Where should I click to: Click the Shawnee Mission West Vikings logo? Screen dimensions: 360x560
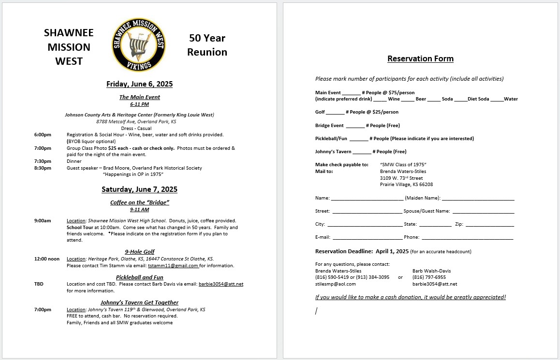tap(139, 44)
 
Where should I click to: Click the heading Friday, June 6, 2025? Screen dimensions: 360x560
tap(139, 84)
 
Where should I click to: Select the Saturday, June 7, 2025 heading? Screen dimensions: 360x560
tap(139, 189)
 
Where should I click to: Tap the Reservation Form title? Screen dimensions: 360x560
tap(420, 59)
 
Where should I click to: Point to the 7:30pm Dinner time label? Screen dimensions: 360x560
tap(43, 161)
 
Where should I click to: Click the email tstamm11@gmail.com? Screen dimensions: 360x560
tap(173, 266)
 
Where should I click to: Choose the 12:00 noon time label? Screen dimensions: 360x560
tap(47, 259)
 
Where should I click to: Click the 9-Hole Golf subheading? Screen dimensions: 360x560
tap(139, 252)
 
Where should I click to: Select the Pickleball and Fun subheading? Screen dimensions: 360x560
tap(139, 277)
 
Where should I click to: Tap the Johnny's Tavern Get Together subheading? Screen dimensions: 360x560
tap(139, 302)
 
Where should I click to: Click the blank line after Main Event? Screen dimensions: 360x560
tap(351, 93)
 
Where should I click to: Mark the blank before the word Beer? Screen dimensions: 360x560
tap(408, 100)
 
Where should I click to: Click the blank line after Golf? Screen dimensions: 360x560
tap(335, 113)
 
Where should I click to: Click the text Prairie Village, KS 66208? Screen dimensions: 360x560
tap(406, 185)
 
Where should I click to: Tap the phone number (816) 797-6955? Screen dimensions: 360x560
tap(429, 277)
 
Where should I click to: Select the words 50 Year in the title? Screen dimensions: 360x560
tap(207, 38)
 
